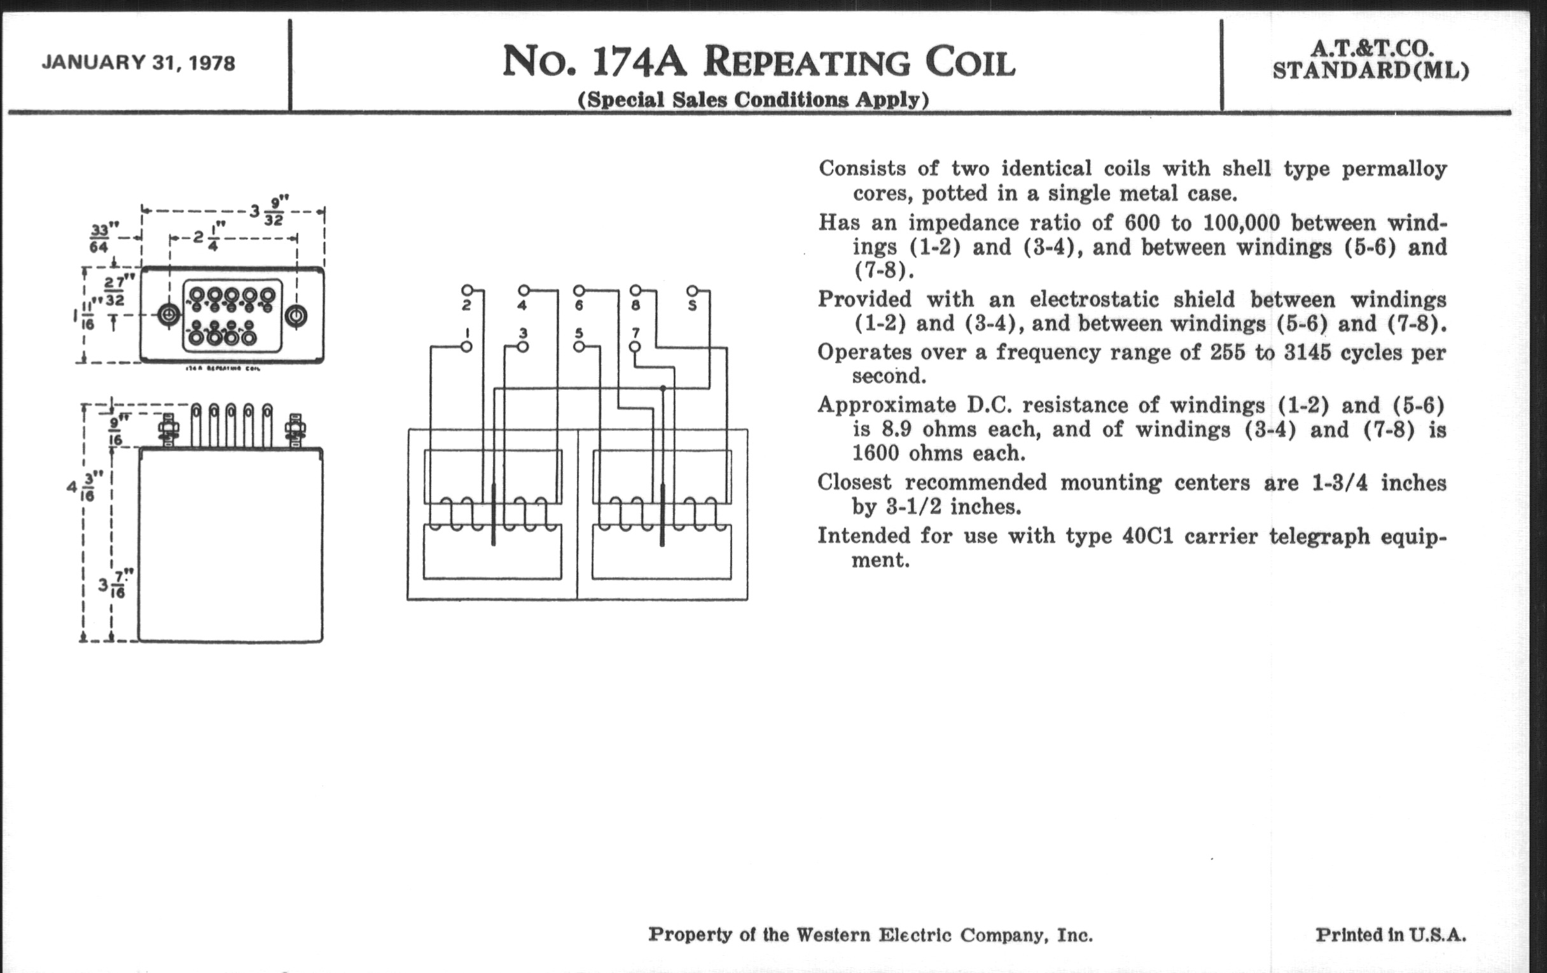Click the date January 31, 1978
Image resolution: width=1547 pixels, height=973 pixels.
pyautogui.click(x=138, y=63)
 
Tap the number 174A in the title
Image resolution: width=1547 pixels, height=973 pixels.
pyautogui.click(x=639, y=62)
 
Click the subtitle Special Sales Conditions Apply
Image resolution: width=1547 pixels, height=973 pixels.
pyautogui.click(x=753, y=100)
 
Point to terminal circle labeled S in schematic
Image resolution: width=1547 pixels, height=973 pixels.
pyautogui.click(x=692, y=290)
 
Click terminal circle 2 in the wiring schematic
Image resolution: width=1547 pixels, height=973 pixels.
pyautogui.click(x=467, y=290)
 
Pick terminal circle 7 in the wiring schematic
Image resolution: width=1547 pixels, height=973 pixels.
pyautogui.click(x=635, y=347)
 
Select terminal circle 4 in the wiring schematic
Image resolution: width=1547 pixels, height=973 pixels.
pyautogui.click(x=524, y=290)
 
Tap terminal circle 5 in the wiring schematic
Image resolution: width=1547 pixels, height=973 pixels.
pyautogui.click(x=579, y=347)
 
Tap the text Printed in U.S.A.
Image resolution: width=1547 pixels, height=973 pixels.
pyautogui.click(x=1391, y=934)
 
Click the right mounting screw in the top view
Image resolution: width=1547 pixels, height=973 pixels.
pyautogui.click(x=296, y=316)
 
